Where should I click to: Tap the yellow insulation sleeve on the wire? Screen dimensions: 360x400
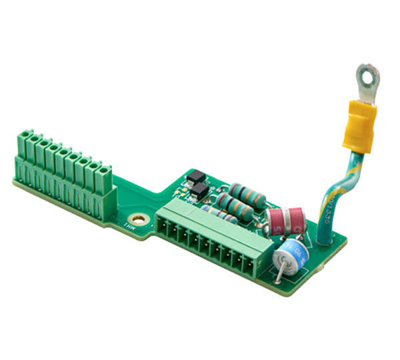[x=360, y=123]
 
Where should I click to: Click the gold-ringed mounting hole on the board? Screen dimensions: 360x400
[x=139, y=218]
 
